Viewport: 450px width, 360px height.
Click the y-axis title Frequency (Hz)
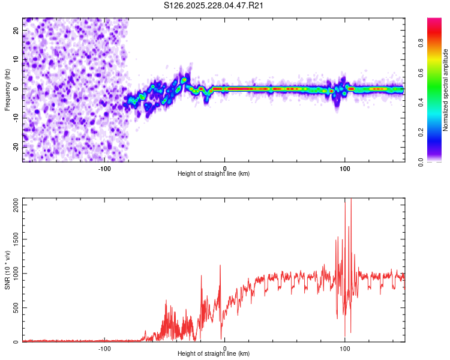7,89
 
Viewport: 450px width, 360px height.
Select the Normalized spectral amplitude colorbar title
446,89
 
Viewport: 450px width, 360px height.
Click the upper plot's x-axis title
214,174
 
